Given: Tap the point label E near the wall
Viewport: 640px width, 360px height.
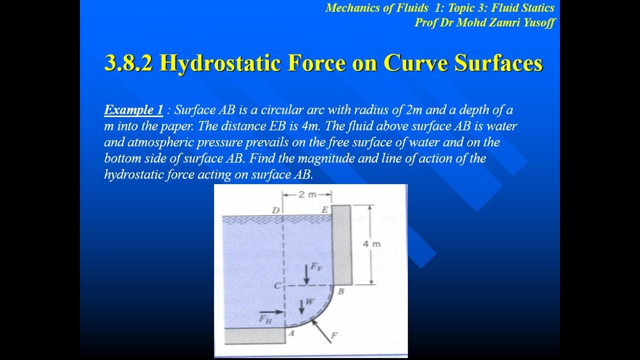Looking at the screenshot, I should click(324, 210).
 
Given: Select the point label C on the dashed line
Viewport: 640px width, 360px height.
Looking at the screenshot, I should click(276, 286).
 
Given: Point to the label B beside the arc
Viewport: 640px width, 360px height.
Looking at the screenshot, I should click(341, 291).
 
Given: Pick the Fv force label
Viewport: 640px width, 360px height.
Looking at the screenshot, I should click(316, 266).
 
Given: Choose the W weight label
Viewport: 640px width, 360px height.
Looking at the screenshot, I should click(309, 301).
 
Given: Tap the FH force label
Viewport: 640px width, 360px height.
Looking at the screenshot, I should click(265, 319).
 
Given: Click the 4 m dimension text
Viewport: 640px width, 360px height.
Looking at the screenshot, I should click(372, 244).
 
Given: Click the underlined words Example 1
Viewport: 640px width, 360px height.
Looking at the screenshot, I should click(133, 110).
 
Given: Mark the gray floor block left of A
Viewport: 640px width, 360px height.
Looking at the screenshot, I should click(254, 335).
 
